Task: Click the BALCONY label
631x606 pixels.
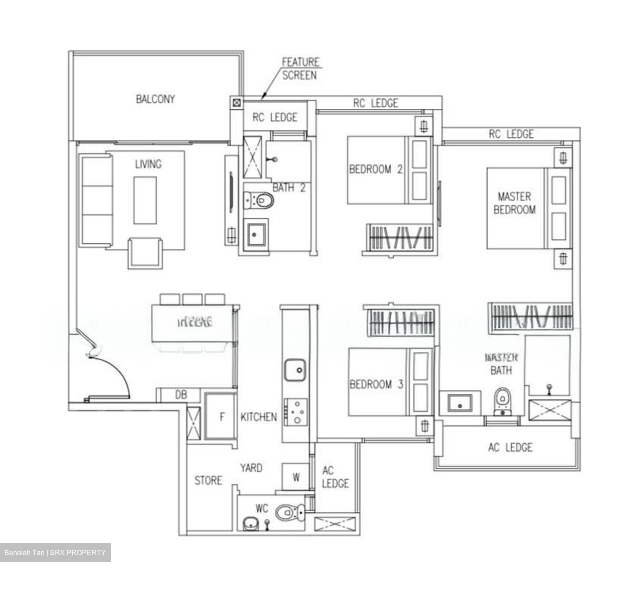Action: click(155, 99)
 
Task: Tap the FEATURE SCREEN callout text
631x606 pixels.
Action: click(300, 69)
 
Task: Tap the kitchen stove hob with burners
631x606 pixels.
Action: click(296, 412)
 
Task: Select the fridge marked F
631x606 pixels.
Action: click(221, 417)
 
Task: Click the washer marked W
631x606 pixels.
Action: click(296, 477)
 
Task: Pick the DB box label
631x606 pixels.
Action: click(181, 395)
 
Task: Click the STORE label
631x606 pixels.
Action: click(208, 481)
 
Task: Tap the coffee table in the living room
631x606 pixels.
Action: click(145, 200)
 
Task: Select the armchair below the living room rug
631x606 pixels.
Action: click(145, 253)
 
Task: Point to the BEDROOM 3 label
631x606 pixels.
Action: click(376, 385)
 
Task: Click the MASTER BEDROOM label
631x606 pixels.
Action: click(514, 203)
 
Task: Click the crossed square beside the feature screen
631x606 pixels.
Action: click(237, 103)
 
